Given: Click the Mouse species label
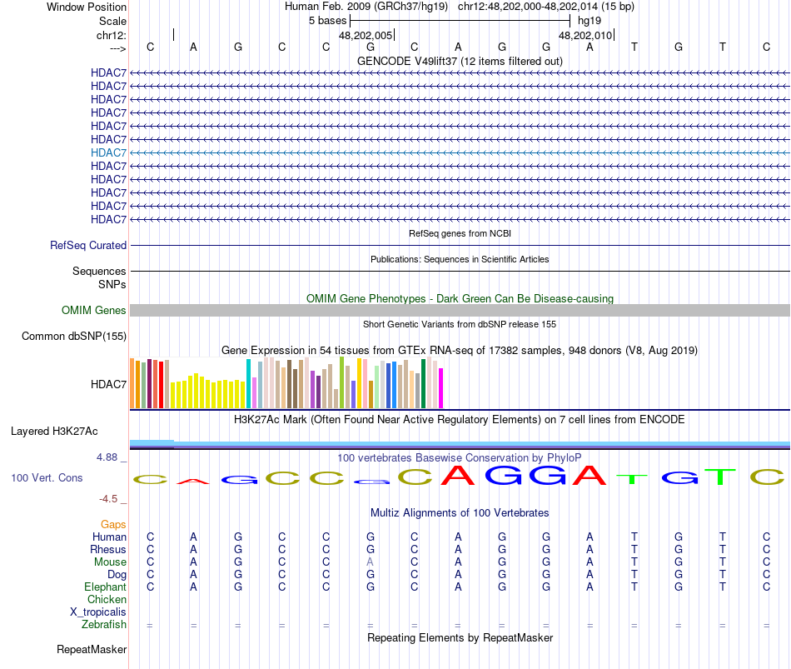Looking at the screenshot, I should [x=110, y=562].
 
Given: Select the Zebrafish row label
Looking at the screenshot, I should [x=104, y=625].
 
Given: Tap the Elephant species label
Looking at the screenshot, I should [x=106, y=587].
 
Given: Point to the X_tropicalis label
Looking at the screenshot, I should [x=98, y=612].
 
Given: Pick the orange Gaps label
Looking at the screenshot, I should [x=113, y=525].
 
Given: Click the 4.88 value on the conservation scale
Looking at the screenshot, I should [x=109, y=457].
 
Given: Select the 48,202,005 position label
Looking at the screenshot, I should [x=366, y=36].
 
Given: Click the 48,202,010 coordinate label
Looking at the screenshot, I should [x=585, y=36].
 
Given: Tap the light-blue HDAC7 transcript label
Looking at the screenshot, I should [x=108, y=152].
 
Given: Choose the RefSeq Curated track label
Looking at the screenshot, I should [x=88, y=246].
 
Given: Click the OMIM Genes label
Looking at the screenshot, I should [x=94, y=311].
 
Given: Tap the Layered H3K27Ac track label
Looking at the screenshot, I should [x=54, y=432].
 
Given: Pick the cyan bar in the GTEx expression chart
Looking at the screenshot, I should [x=249, y=383].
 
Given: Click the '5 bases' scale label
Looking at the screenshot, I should [x=327, y=19].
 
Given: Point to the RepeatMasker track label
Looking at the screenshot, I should [x=92, y=650].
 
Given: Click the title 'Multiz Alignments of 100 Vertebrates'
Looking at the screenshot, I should [x=460, y=512].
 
